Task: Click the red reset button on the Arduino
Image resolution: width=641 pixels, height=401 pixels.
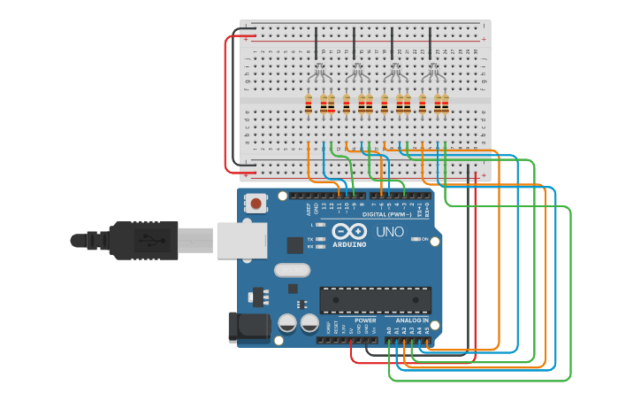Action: click(256, 204)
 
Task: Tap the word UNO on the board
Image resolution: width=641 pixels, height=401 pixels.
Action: click(389, 232)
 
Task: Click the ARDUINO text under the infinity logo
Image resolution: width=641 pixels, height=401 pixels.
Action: click(348, 244)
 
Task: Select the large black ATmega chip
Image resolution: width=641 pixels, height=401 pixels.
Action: click(375, 300)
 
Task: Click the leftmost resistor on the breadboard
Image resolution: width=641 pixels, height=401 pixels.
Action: click(308, 104)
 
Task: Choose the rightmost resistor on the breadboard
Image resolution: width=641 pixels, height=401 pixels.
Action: click(445, 104)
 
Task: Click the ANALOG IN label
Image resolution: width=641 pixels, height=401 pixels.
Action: click(411, 320)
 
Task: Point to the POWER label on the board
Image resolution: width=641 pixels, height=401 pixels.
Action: click(365, 320)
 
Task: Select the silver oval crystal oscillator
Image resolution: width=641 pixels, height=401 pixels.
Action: click(292, 270)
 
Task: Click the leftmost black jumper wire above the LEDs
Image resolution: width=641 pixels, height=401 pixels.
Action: click(316, 42)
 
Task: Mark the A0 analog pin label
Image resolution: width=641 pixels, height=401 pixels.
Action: click(388, 329)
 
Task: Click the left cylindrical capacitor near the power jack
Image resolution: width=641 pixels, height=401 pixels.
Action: click(287, 324)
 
